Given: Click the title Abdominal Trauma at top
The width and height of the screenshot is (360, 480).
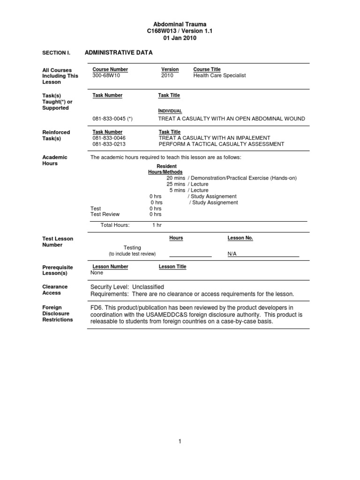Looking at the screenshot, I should coord(180,24).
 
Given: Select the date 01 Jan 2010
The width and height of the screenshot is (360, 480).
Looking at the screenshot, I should coord(180,38).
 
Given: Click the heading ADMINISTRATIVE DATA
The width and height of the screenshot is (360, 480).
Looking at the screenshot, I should coord(119,53).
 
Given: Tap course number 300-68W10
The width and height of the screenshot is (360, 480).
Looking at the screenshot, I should coord(106,75).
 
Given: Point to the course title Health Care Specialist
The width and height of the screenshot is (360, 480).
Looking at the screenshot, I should coord(219,75).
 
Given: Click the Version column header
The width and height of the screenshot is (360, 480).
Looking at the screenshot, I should coord(170,69).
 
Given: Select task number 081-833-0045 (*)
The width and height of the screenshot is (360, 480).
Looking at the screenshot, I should coord(112,119).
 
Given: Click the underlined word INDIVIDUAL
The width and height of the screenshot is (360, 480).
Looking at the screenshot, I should coord(170,111).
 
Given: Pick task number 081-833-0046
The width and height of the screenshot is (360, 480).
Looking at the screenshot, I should coord(109,138).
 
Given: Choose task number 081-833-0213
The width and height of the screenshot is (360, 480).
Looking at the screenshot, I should coord(109,144).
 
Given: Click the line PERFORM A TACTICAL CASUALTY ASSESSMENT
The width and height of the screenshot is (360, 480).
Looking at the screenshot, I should coord(221,144).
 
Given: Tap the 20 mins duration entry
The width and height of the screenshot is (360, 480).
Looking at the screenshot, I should coord(175,178).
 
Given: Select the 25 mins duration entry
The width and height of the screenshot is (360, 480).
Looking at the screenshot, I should coord(175,184).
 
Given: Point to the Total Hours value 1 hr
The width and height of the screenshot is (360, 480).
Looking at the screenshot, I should coord(157,225).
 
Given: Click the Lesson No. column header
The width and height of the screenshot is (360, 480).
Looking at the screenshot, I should coord(240,238).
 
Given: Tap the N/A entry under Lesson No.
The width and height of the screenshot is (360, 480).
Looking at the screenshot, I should coord(232,254).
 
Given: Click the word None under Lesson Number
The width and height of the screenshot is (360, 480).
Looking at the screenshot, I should coord(97,272).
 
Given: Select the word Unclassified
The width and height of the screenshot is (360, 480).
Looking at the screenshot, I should coord(148,287).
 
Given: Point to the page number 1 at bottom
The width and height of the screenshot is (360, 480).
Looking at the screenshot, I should coord(180,442).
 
